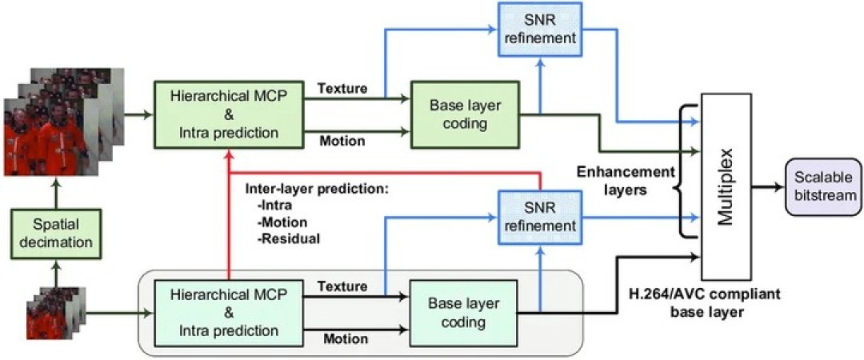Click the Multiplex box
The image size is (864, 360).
pyautogui.click(x=726, y=186)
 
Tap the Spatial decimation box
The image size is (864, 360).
pyautogui.click(x=55, y=234)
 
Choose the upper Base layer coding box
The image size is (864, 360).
pyautogui.click(x=465, y=115)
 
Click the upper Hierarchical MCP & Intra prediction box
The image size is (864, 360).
pyautogui.click(x=230, y=114)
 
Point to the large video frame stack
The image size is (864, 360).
pyautogui.click(x=63, y=122)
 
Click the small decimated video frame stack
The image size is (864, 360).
pyautogui.click(x=56, y=313)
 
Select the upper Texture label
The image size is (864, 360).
pyautogui.click(x=342, y=88)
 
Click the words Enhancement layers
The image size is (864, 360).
pyautogui.click(x=626, y=180)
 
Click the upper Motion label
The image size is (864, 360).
pyautogui.click(x=342, y=141)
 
